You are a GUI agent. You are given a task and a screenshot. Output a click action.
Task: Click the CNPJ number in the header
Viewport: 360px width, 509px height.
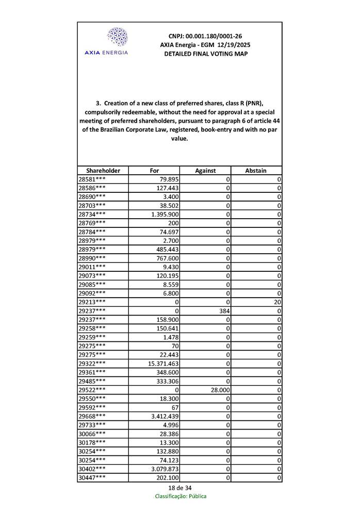point(205,36)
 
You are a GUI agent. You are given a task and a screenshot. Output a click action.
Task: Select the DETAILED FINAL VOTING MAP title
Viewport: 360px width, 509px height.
point(205,54)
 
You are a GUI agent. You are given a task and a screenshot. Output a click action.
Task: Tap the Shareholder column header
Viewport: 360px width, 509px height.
point(103,171)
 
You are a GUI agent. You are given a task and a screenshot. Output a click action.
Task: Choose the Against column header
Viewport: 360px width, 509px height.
point(205,171)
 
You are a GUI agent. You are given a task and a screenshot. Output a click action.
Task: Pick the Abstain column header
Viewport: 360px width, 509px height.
point(256,171)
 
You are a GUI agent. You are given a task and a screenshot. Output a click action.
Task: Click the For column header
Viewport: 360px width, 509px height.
point(154,171)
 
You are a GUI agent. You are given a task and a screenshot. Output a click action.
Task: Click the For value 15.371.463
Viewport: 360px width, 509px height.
point(163,364)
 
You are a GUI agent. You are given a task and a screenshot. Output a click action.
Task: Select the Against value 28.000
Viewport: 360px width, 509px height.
point(219,390)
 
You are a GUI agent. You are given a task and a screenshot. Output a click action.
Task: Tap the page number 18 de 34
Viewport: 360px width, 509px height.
point(180,488)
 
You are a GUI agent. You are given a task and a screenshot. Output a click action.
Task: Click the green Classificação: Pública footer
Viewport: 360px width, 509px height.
point(181,496)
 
